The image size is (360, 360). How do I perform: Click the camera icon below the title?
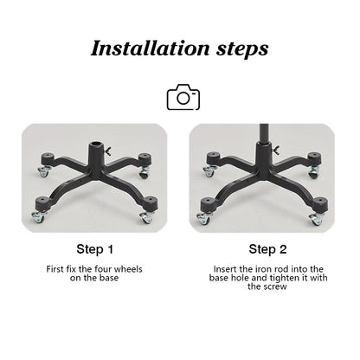click(x=183, y=97)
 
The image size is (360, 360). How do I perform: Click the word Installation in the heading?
click(x=150, y=48)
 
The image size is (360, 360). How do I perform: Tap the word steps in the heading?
click(x=242, y=49)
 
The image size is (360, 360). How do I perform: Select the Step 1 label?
click(x=95, y=249)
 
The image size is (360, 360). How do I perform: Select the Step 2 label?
click(x=267, y=249)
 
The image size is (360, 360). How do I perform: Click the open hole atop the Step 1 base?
click(x=96, y=144)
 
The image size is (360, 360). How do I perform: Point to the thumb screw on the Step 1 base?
click(x=108, y=150)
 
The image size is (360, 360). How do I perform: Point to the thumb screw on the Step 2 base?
click(x=276, y=151)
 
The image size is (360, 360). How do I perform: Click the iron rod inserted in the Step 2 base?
click(x=264, y=134)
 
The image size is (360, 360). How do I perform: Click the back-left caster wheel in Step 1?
click(x=43, y=171)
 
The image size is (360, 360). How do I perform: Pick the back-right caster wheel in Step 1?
click(x=144, y=172)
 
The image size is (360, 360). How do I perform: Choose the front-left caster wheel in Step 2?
click(x=203, y=218)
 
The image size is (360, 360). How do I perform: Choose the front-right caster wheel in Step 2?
click(x=316, y=219)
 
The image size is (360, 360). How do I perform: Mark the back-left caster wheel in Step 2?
click(x=209, y=171)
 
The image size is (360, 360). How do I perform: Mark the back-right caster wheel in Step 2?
click(x=313, y=172)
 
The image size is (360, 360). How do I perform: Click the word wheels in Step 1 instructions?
click(x=128, y=269)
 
